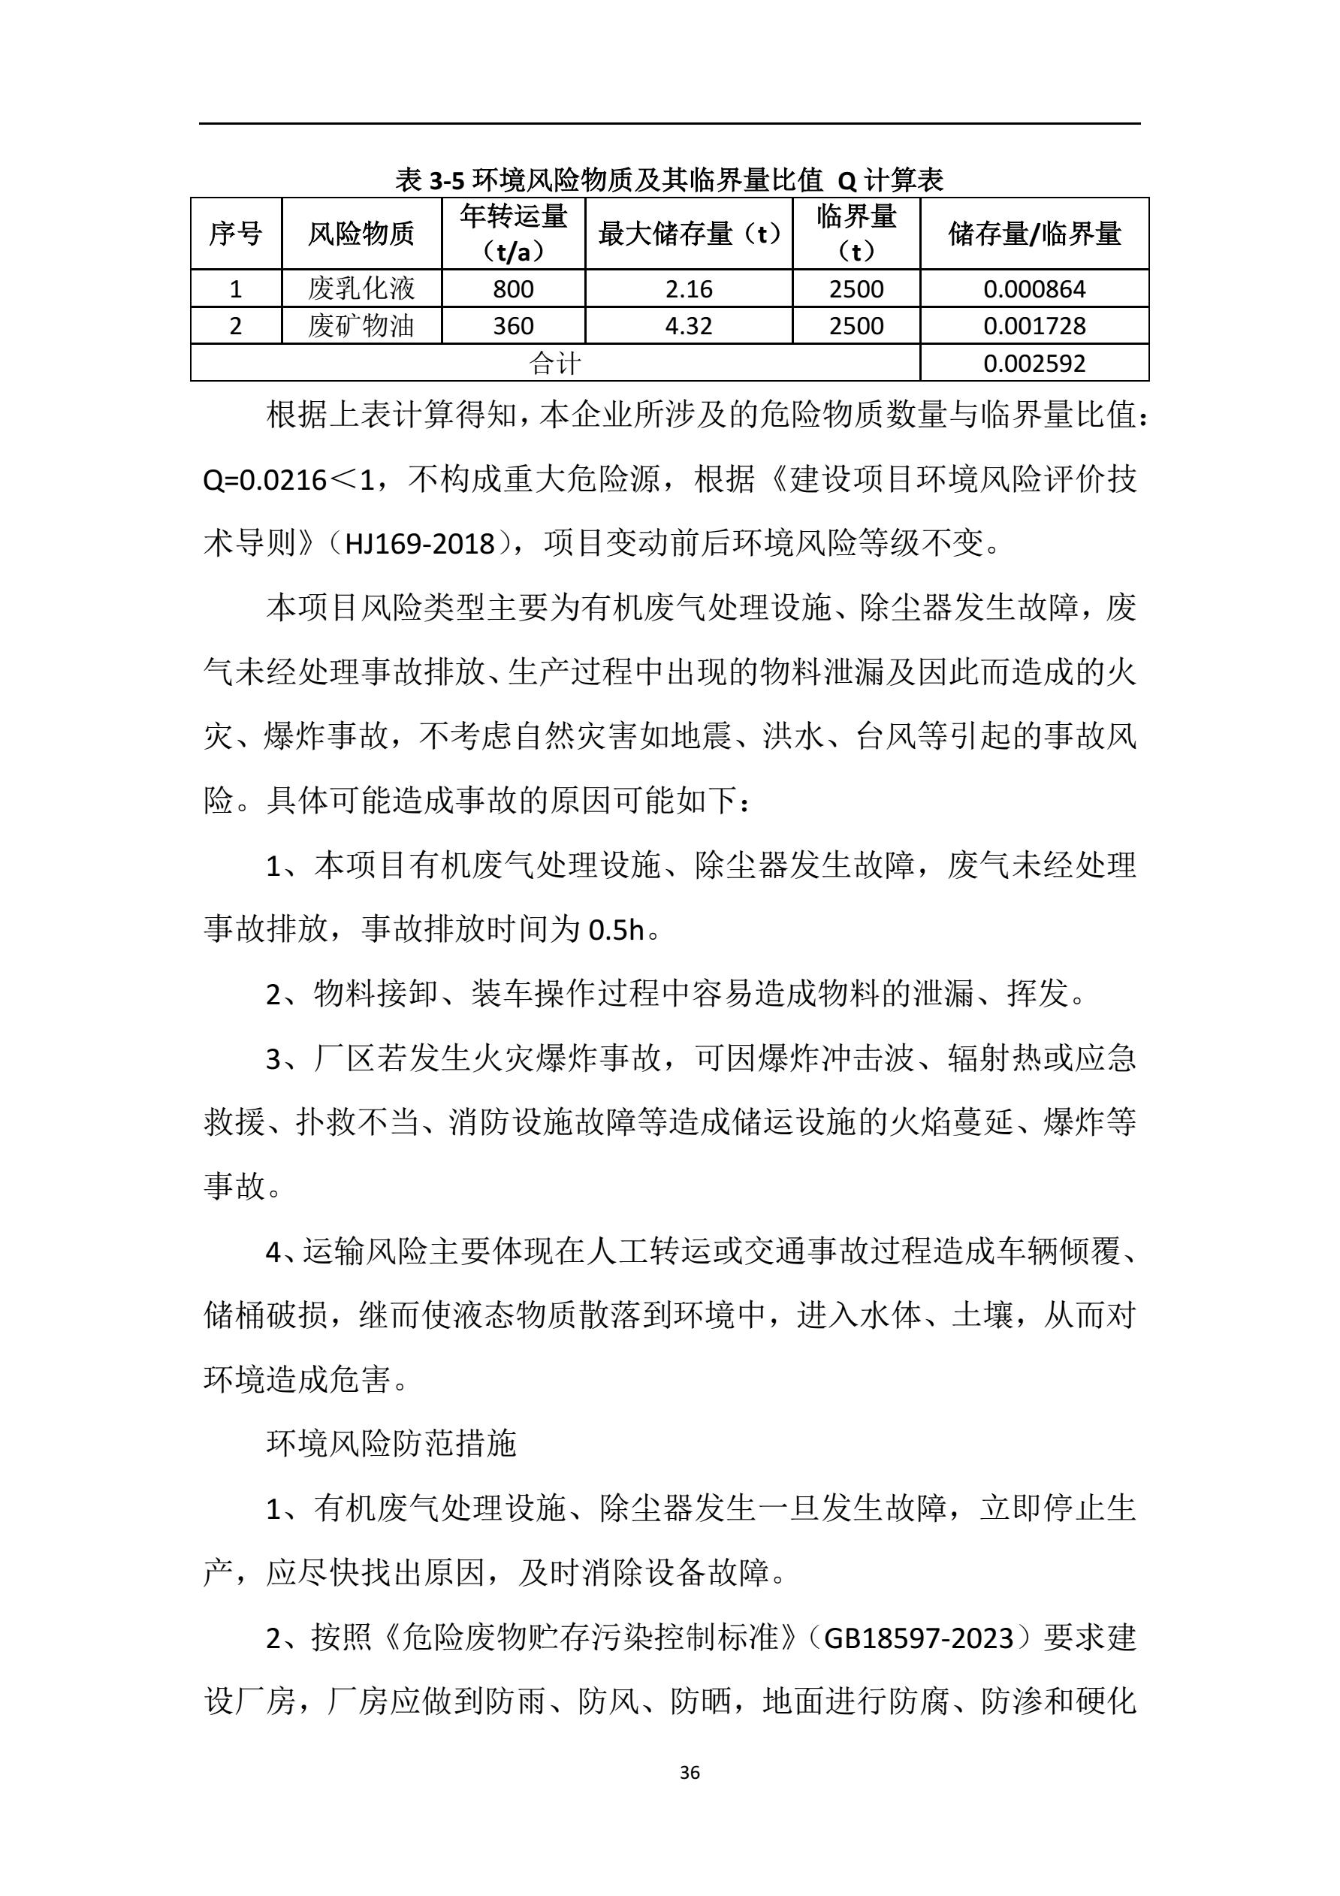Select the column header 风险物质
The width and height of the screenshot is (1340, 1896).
tap(361, 234)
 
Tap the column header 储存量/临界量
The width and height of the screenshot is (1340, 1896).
tap(1034, 234)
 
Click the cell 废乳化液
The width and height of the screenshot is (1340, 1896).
tap(361, 289)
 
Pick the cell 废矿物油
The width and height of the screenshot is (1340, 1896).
tap(361, 326)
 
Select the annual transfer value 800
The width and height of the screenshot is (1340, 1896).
tap(513, 289)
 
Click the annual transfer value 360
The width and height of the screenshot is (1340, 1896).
tap(513, 326)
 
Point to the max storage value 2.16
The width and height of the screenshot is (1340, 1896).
tap(688, 289)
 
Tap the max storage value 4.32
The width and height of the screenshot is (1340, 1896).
tap(688, 326)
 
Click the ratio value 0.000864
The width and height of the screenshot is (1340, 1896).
tap(1034, 289)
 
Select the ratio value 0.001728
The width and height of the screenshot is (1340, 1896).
tap(1034, 326)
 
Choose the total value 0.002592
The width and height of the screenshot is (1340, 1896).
tap(1034, 364)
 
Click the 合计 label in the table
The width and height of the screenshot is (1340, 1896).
tap(554, 364)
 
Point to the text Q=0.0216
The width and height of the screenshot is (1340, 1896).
tap(265, 480)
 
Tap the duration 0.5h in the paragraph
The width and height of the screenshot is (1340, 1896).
tap(615, 931)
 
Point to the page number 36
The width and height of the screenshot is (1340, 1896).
tap(690, 1772)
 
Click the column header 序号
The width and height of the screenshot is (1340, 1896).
tap(235, 234)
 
